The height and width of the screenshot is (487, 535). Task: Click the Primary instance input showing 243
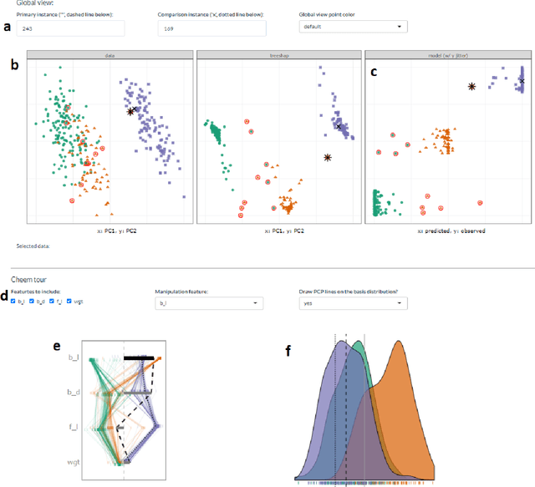pos(69,28)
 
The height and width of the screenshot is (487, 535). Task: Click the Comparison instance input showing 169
pos(211,28)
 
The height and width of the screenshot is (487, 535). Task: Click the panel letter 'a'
pos(8,28)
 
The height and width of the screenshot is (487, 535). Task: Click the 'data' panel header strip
pos(110,55)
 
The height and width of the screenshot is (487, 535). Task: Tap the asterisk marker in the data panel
pos(131,110)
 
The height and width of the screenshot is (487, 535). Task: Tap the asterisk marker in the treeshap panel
pos(328,156)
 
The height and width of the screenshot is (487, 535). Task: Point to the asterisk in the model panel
pos(472,86)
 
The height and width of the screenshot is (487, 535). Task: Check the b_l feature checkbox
pos(13,301)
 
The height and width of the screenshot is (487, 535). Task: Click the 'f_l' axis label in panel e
pos(73,428)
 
